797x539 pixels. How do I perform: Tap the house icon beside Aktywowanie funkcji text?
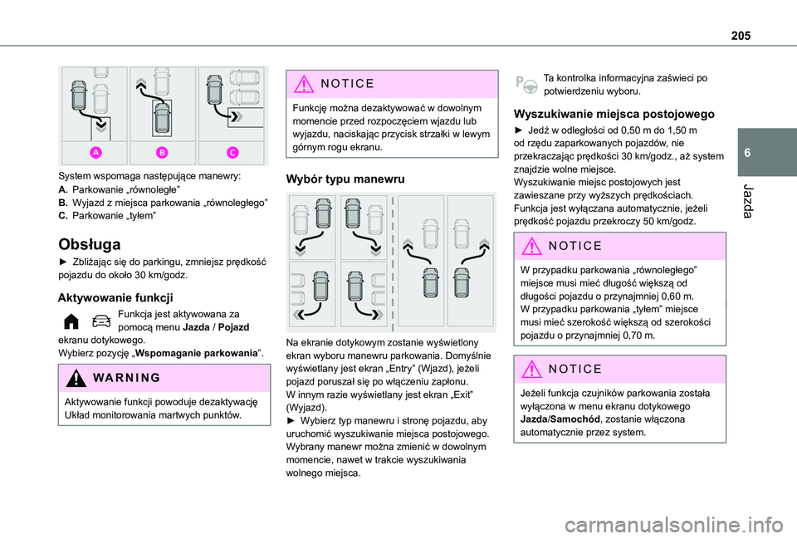[72, 321]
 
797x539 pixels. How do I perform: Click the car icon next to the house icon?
[100, 321]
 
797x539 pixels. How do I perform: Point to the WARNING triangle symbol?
[73, 377]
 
